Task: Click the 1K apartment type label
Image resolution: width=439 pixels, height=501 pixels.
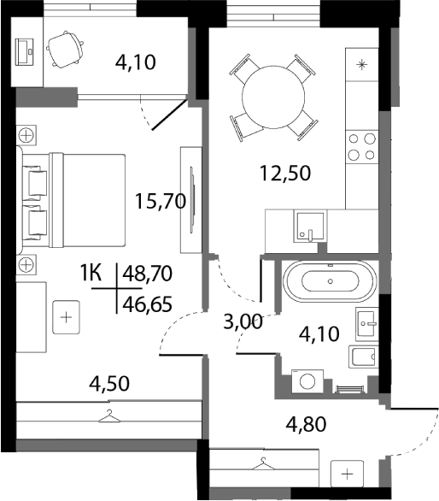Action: tap(91, 274)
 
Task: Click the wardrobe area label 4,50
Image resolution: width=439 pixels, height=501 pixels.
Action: tap(111, 383)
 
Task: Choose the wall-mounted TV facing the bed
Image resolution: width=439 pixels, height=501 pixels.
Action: tap(191, 197)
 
